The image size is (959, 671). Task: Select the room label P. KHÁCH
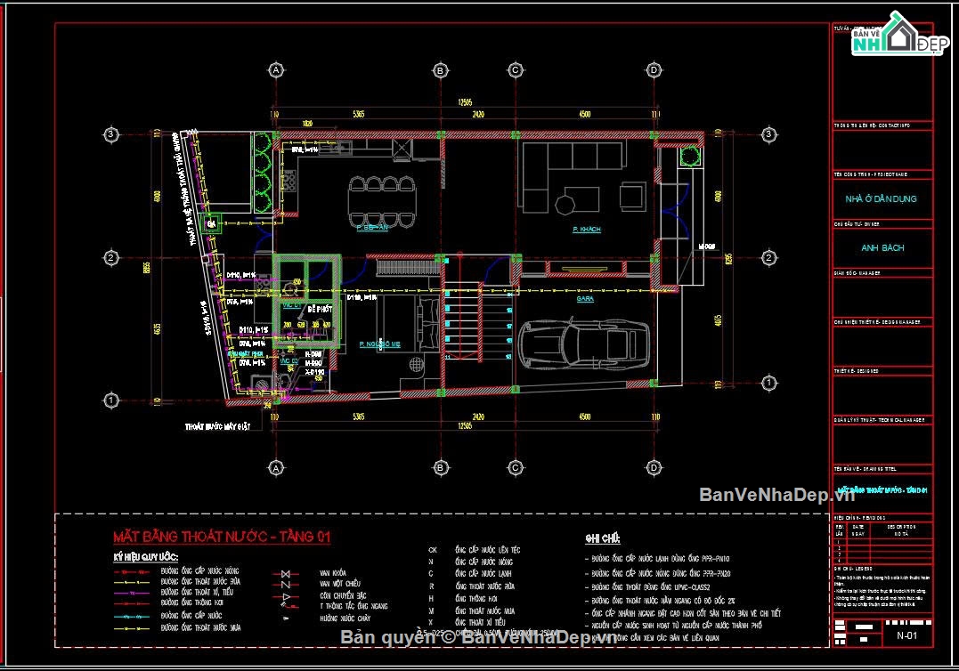(586, 230)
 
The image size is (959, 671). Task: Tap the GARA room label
(585, 299)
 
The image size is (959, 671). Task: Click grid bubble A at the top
(276, 69)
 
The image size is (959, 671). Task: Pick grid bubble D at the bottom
(654, 466)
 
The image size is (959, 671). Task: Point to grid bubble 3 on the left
(110, 134)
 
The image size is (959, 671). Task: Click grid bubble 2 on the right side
(768, 258)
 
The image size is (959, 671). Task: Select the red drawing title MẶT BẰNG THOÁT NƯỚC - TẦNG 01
(221, 537)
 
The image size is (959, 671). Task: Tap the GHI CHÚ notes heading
(602, 539)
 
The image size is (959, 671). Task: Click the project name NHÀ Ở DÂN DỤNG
(881, 198)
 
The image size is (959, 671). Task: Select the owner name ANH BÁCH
(882, 248)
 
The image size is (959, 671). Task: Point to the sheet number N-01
(907, 635)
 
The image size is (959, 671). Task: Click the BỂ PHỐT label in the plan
(320, 309)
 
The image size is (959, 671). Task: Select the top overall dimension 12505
(465, 101)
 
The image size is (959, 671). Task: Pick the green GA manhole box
(212, 225)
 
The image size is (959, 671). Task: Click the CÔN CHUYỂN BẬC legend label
(343, 595)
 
